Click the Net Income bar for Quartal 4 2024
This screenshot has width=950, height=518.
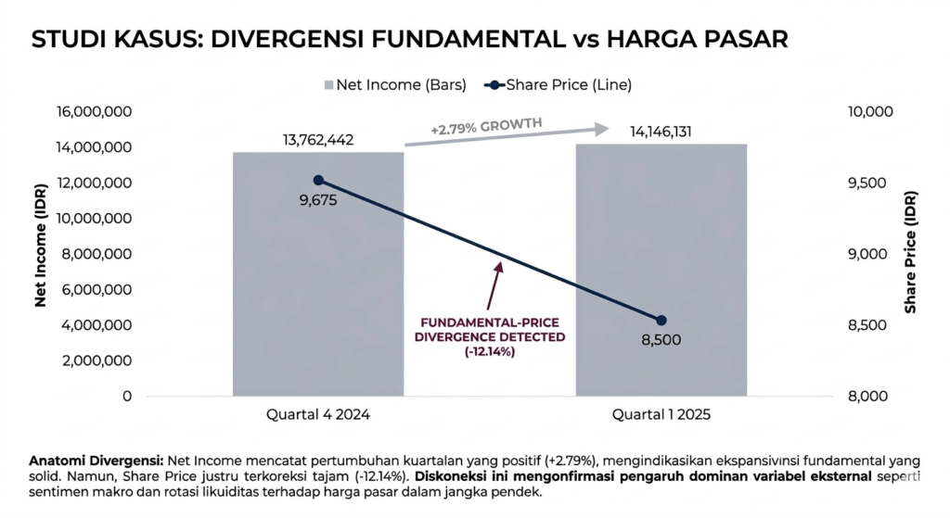coord(318,274)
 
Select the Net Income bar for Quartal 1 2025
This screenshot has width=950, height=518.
coord(661,270)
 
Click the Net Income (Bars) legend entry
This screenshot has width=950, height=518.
coord(395,84)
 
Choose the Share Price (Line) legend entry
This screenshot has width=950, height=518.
coord(558,84)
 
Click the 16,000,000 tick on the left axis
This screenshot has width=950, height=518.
coord(94,111)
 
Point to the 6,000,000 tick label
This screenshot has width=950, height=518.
coord(96,290)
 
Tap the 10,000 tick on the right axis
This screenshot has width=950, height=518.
coord(870,111)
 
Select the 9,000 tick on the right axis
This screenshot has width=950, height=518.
coord(867,254)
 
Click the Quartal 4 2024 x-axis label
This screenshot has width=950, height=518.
coord(318,414)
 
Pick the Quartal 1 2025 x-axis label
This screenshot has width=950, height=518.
coord(661,414)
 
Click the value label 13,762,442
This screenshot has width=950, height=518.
coord(318,140)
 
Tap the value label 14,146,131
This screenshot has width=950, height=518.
coord(661,132)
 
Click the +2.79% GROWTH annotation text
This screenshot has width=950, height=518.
coord(486,126)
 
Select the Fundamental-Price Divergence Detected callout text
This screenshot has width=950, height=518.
coord(490,337)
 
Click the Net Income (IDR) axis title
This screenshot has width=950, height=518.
coord(41,245)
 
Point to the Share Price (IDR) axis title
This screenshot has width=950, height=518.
coord(910,252)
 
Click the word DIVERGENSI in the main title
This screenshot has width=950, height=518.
coord(287,39)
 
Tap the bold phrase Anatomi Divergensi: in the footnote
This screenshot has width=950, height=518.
coord(96,461)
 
